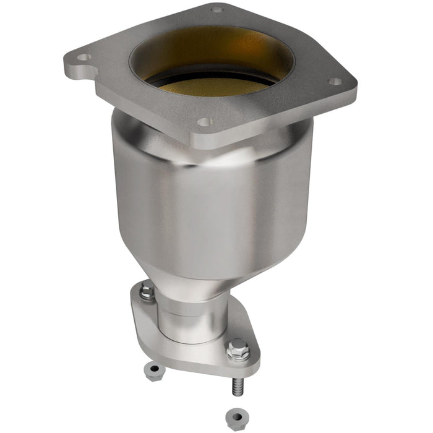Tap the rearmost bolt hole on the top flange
[216, 9]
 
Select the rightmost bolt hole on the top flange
[335, 81]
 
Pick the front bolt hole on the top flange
[204, 122]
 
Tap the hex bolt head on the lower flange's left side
[147, 291]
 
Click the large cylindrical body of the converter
[210, 198]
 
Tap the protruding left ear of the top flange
[77, 62]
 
